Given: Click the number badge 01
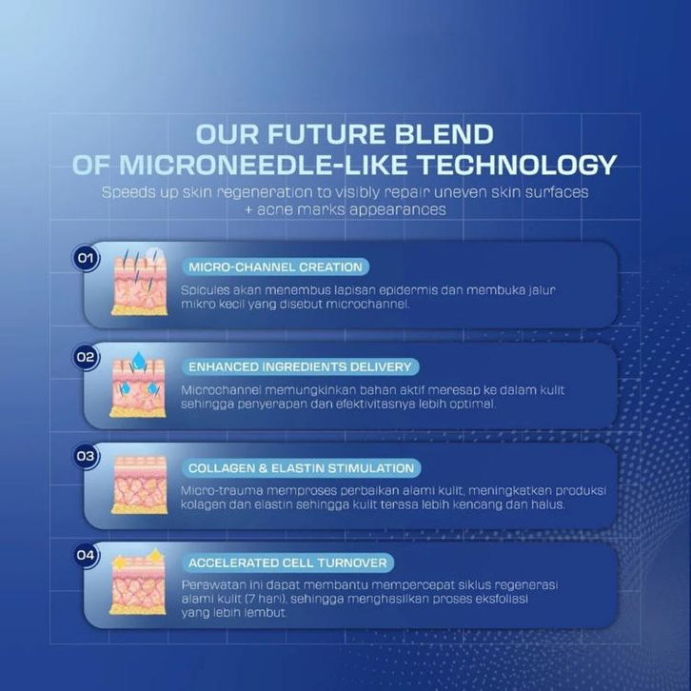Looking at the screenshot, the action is tap(86, 258).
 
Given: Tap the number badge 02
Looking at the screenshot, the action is tap(86, 357).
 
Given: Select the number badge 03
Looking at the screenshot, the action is tap(86, 456).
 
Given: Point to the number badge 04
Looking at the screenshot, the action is tap(86, 555).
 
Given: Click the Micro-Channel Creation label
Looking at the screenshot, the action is tap(275, 267).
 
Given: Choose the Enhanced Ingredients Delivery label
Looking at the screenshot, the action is tap(300, 367).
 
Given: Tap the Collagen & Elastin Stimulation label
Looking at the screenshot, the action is tap(302, 468).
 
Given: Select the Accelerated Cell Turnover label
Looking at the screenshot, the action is tap(287, 563).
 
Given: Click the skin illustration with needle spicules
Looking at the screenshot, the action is tap(139, 282).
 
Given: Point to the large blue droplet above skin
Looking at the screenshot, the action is tap(139, 360).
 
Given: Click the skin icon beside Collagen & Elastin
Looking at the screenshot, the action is tap(139, 484).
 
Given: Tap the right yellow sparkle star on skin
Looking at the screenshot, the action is tap(155, 555).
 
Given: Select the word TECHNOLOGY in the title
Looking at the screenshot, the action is tap(517, 165).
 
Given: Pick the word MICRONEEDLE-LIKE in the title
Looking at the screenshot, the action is tap(263, 165).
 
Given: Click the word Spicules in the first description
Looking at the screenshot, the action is tap(205, 291).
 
